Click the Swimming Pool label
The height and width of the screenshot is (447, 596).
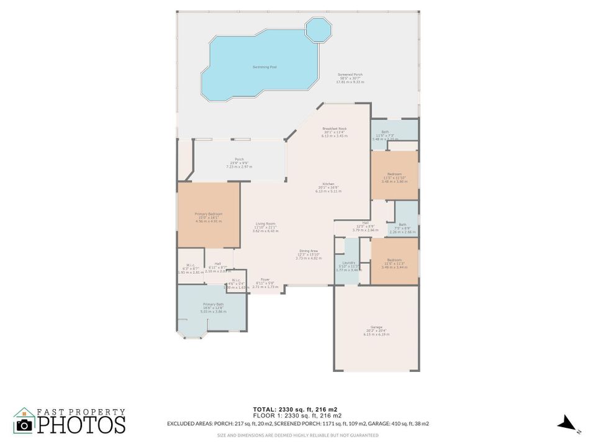[264, 66]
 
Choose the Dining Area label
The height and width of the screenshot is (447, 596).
[309, 251]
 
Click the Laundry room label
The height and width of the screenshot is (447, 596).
[348, 263]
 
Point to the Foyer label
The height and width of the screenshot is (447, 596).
[265, 280]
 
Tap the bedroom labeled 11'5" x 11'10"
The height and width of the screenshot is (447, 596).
[394, 174]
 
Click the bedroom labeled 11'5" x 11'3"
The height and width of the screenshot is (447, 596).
[394, 261]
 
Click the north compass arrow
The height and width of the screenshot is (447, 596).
[566, 424]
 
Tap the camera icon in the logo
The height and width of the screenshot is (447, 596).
[25, 425]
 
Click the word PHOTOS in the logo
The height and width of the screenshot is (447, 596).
[81, 425]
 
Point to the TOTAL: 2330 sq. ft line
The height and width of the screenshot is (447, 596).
[295, 409]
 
